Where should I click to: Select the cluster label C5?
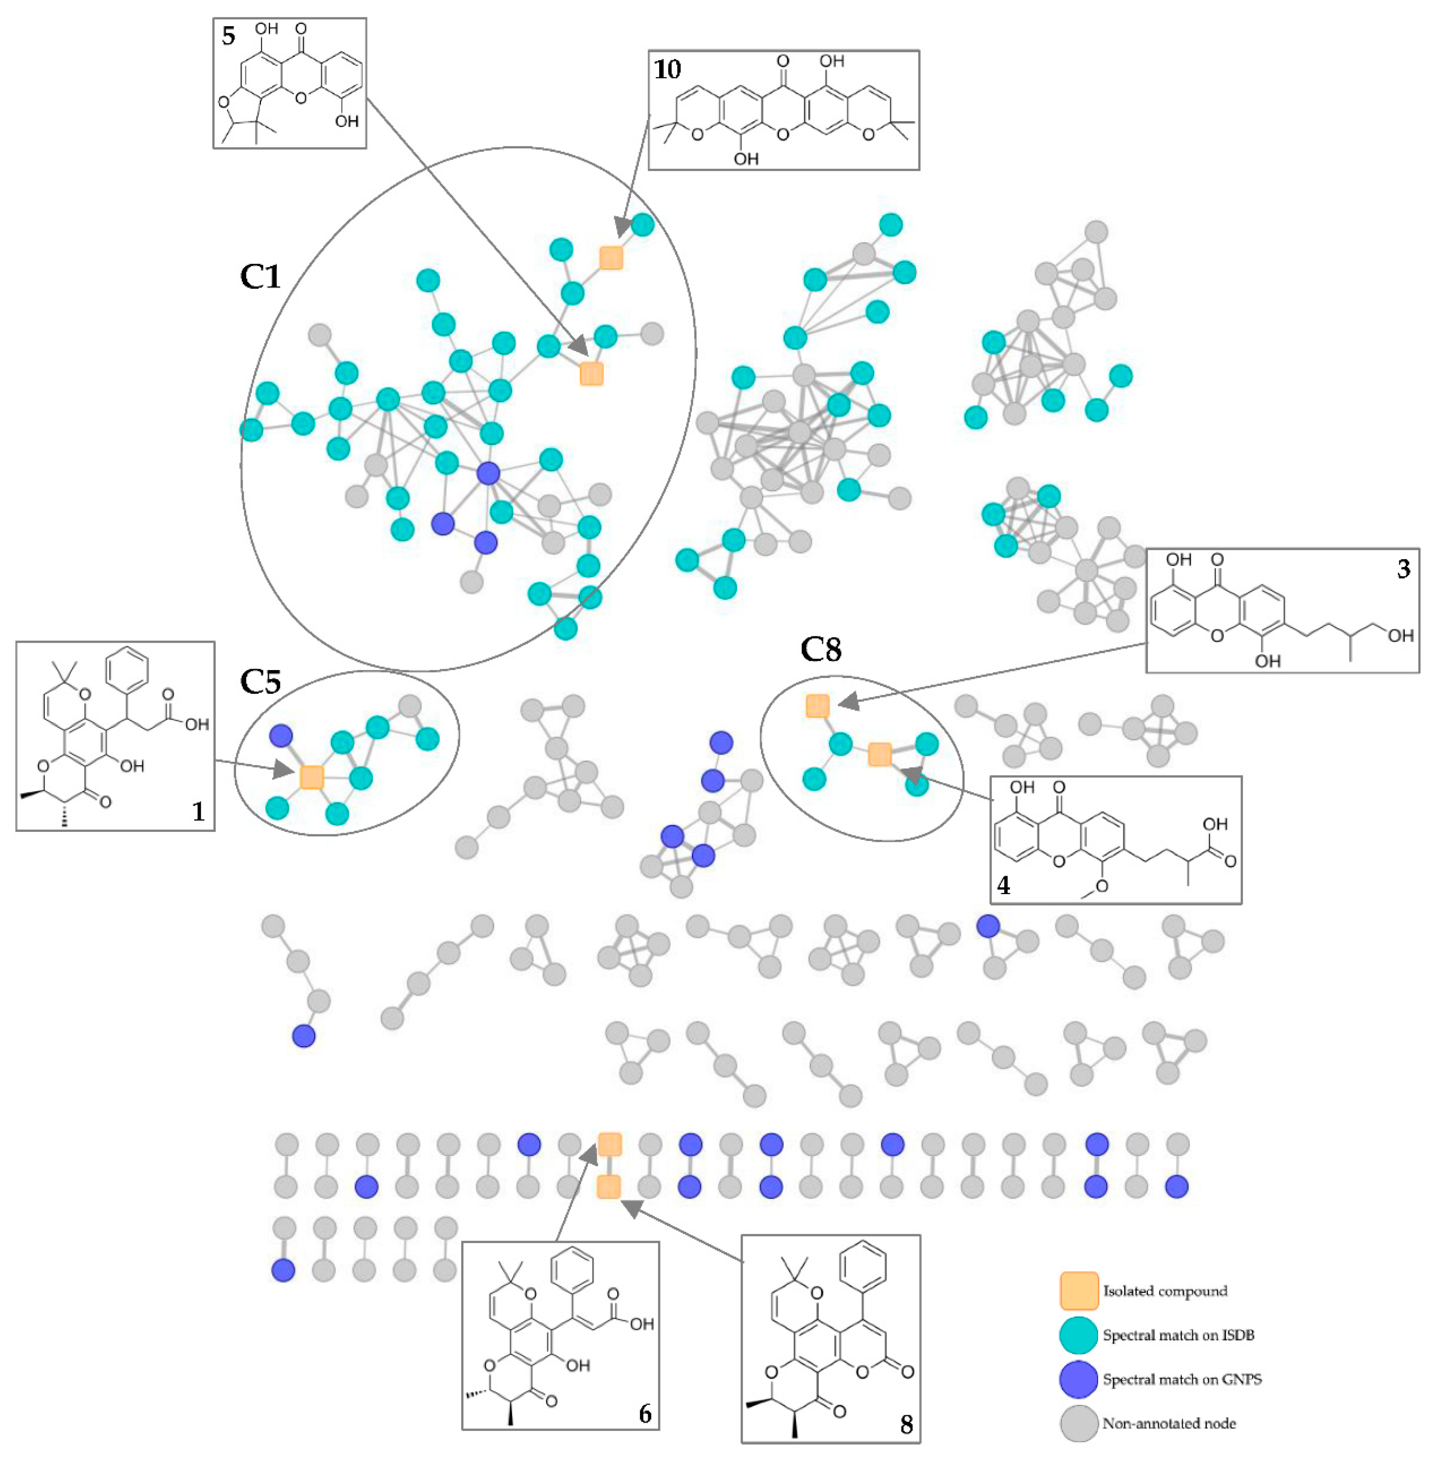(x=260, y=681)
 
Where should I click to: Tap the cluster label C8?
(x=821, y=649)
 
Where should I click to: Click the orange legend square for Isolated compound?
(x=1079, y=1291)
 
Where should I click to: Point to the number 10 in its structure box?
(x=667, y=69)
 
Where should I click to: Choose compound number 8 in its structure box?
(x=906, y=1424)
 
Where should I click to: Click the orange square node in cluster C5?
(x=311, y=776)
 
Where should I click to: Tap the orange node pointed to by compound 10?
(x=611, y=258)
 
